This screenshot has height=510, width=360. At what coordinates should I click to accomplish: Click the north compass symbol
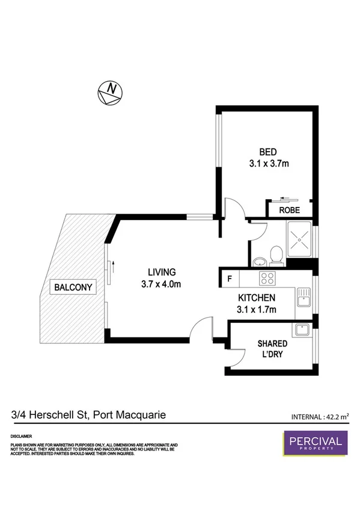point(111,93)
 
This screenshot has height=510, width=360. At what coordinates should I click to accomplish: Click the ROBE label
point(290,210)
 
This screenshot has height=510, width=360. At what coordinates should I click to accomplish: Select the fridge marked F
point(228,278)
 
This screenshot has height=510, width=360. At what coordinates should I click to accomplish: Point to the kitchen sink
point(304,295)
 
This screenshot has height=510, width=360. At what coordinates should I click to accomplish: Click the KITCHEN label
point(257,298)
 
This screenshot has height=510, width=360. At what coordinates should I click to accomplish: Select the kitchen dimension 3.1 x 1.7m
point(257,310)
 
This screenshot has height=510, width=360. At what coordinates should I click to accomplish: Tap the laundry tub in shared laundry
point(301,330)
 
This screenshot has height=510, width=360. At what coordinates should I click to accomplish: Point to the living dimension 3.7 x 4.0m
point(159,284)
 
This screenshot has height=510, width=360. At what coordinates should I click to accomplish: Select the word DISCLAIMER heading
point(21,435)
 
